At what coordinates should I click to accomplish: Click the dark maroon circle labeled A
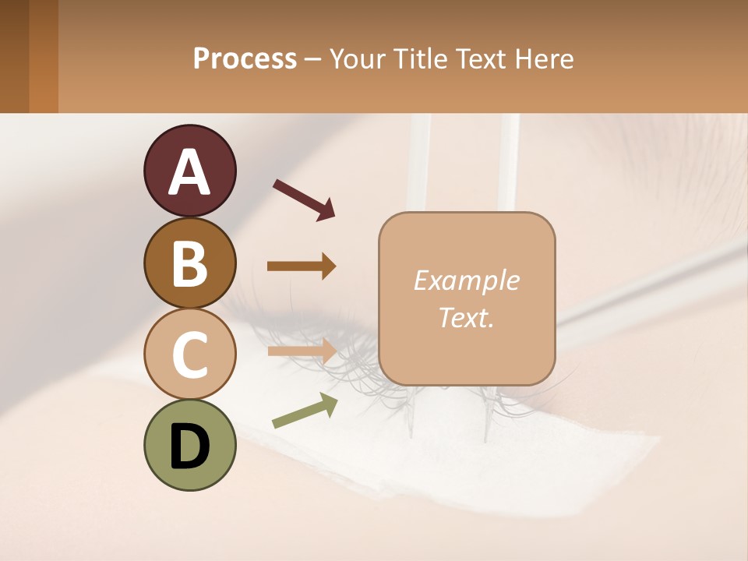click(189, 171)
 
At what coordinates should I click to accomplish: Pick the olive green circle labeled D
click(189, 445)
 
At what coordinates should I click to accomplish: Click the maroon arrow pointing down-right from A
click(304, 199)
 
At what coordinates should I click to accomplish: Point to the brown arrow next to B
click(302, 266)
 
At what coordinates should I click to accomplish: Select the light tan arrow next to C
click(302, 351)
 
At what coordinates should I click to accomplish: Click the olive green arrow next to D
click(305, 410)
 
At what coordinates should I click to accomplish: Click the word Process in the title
click(245, 58)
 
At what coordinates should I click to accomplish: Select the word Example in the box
click(466, 280)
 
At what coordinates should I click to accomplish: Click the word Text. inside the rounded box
click(466, 317)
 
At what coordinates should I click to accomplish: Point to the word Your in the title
click(355, 58)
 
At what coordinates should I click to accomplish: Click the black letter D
click(189, 446)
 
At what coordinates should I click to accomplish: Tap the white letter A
click(189, 172)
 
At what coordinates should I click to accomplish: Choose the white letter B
click(189, 263)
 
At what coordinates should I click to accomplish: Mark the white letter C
click(189, 355)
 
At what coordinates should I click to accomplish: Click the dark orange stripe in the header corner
click(43, 56)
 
